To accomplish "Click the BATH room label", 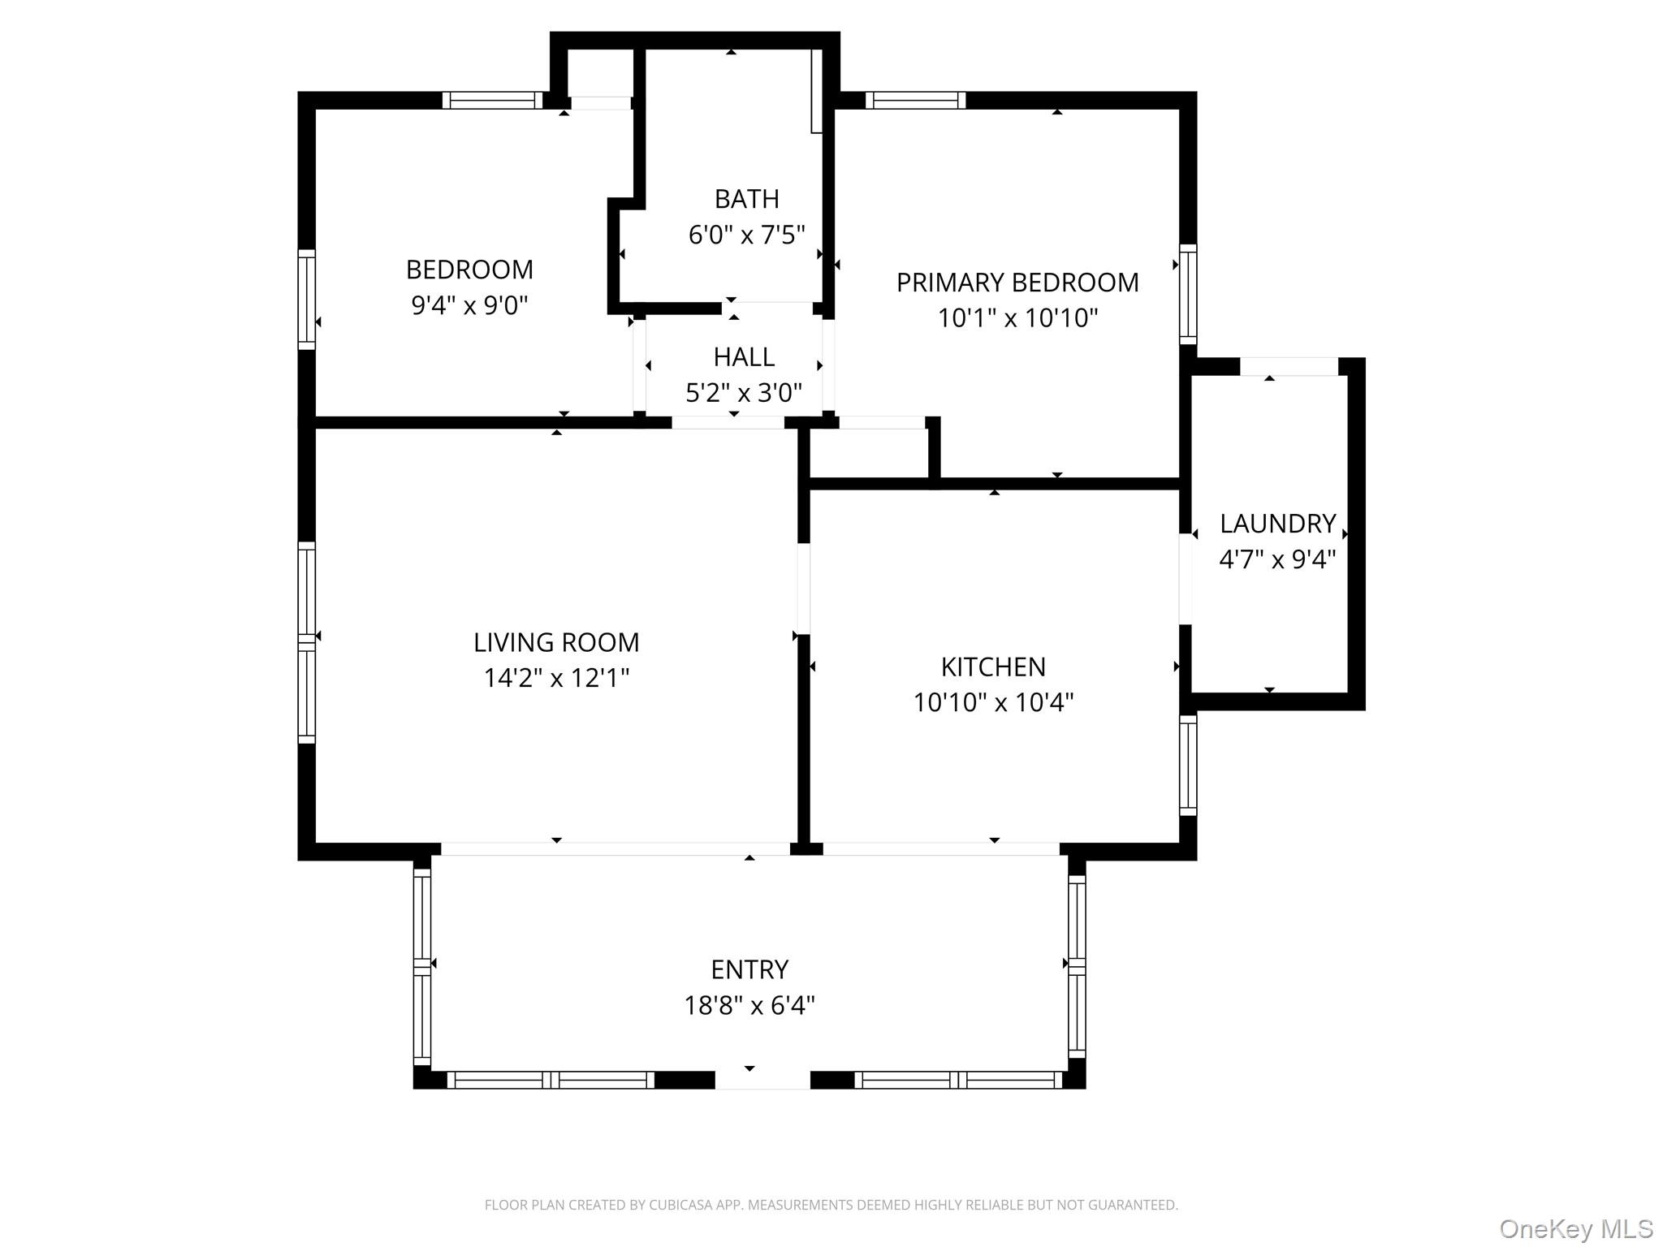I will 746,199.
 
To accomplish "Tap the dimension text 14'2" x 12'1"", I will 556,678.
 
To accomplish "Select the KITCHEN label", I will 993,667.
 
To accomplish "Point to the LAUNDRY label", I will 1277,524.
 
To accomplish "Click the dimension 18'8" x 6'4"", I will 749,1006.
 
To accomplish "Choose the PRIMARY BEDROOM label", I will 1017,283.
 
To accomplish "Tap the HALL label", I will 744,357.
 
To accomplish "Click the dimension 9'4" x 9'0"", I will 469,306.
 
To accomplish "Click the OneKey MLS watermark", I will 1575,1228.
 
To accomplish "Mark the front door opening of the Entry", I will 762,1080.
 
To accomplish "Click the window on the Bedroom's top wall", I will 492,101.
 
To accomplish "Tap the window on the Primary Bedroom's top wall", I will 915,101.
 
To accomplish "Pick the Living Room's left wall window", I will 306,641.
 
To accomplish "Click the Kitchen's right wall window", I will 1187,766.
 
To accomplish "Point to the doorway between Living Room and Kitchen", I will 803,589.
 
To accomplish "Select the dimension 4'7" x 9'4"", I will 1277,559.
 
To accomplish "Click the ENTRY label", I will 749,969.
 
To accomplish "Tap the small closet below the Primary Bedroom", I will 869,453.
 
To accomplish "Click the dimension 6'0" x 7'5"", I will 746,235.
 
